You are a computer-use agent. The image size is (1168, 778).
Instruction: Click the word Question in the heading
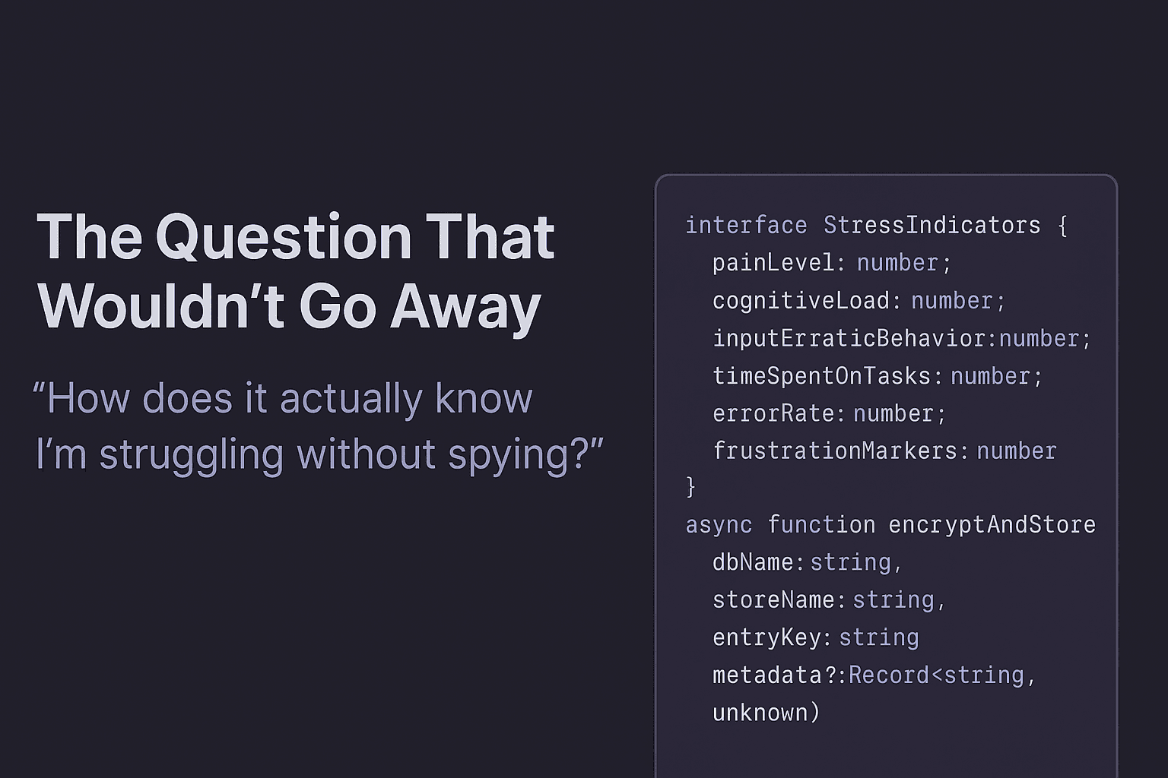284,238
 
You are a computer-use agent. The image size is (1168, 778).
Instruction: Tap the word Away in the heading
465,307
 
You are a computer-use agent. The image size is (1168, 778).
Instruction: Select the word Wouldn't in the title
160,307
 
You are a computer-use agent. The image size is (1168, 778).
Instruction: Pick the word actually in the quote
348,398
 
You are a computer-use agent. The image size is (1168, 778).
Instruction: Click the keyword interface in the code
746,225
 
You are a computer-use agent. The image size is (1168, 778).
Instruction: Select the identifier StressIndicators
932,225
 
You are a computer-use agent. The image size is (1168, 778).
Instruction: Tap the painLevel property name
773,263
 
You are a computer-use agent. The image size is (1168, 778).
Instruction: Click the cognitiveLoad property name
800,301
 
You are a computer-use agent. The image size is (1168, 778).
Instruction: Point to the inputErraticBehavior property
849,338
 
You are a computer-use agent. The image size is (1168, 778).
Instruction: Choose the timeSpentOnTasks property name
821,376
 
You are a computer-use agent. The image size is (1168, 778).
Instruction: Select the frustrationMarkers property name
834,451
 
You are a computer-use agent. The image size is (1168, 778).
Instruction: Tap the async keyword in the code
719,524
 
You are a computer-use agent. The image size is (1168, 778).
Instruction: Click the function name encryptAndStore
992,524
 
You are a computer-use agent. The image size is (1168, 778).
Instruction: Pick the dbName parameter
753,562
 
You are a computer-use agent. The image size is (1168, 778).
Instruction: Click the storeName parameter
773,599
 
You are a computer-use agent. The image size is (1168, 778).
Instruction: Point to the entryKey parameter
766,637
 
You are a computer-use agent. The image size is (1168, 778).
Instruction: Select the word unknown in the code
760,712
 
